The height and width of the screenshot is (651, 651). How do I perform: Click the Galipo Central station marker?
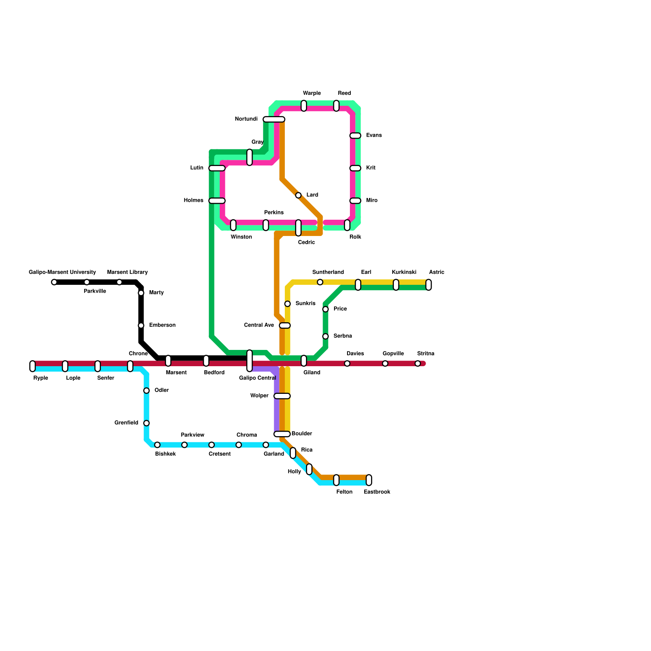coord(249,360)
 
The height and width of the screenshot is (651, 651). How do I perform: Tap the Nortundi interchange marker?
coord(274,119)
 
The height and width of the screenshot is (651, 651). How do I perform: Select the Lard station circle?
coord(298,195)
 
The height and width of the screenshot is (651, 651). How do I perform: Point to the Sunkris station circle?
coord(288,304)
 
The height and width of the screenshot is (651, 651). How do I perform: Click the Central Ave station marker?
coord(285,325)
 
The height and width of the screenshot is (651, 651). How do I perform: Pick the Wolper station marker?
coord(282,396)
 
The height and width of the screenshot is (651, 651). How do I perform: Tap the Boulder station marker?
coord(282,434)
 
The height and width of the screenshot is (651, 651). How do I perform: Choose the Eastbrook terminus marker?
coord(369,480)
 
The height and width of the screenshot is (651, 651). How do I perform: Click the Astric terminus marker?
coord(428,285)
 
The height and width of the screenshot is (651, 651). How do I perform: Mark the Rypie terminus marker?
coord(33,366)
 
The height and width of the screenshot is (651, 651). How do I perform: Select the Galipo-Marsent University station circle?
coord(54,282)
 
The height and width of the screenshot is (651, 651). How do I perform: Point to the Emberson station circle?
coord(141,325)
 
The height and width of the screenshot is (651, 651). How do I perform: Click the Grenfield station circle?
coord(146,423)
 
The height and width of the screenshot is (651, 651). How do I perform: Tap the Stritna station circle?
coord(417,364)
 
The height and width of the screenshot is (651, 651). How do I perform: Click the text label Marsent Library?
coord(127,272)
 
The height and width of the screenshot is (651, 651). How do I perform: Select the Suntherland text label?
coord(328,272)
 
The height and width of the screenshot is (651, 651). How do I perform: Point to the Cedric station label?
coord(306,242)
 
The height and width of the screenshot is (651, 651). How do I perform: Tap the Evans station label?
coord(374,135)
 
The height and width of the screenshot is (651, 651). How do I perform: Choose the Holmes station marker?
coord(217,201)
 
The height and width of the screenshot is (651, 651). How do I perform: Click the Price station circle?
coord(325,309)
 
